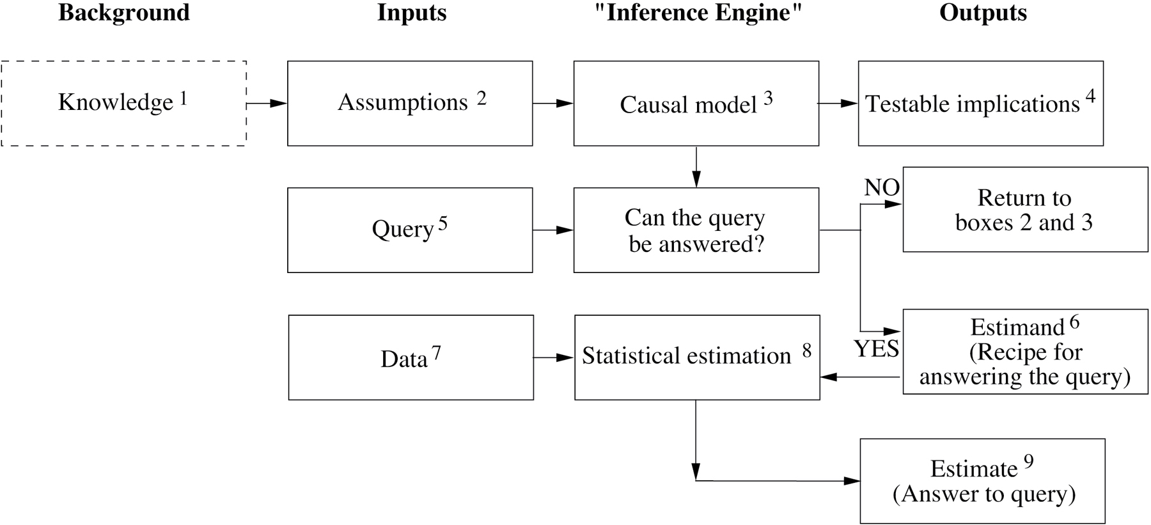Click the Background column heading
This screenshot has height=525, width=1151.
[x=124, y=13]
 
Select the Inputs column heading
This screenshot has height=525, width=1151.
[x=412, y=13]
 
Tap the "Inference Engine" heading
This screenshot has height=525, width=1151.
[x=698, y=13]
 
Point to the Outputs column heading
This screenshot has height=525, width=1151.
[x=983, y=13]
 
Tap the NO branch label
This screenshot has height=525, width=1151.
[x=882, y=187]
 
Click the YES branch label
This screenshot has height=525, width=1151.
[x=877, y=349]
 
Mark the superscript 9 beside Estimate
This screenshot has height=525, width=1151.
[x=1028, y=462]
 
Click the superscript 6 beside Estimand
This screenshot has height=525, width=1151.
[x=1074, y=322]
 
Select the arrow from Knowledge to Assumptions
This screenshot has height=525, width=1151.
[x=267, y=103]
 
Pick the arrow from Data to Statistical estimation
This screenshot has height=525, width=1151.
[x=554, y=357]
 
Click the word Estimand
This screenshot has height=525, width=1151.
[x=1017, y=328]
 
